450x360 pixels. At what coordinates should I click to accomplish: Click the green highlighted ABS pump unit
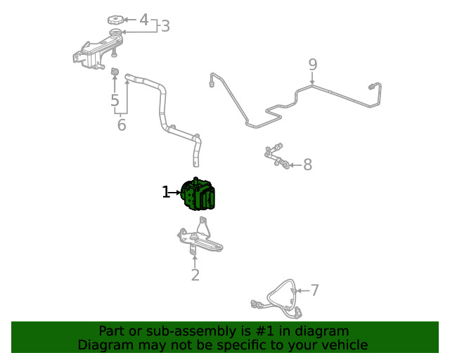(198, 194)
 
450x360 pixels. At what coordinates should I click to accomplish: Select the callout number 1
(166, 192)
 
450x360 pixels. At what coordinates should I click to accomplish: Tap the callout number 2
(195, 275)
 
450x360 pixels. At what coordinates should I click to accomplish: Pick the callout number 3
(166, 26)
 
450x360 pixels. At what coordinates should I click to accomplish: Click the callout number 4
(144, 20)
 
